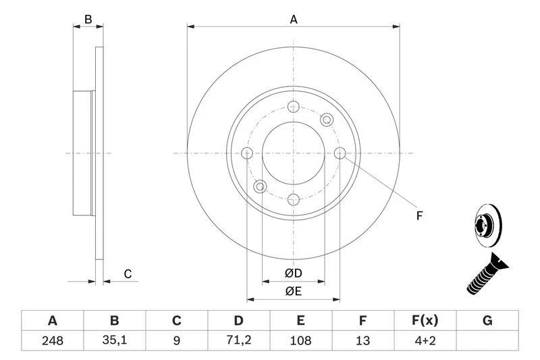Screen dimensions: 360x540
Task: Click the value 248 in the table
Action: tap(53, 341)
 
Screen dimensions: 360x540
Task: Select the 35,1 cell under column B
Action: tap(115, 341)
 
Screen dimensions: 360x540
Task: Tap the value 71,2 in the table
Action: tap(239, 341)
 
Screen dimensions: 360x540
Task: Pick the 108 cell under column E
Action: tap(301, 341)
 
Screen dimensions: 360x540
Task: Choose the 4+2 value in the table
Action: tap(425, 341)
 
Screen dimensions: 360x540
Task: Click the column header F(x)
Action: tap(425, 320)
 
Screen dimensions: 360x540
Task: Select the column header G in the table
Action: tap(487, 320)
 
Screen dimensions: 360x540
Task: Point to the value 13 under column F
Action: tap(363, 341)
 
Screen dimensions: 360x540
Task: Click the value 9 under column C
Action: tap(177, 341)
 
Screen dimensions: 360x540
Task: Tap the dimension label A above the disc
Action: tap(294, 20)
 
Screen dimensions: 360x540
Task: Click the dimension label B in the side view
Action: tap(88, 20)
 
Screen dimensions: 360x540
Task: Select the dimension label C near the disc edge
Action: tap(126, 274)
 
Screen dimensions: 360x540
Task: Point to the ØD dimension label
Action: tap(293, 274)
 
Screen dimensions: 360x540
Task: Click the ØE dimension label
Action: tap(293, 291)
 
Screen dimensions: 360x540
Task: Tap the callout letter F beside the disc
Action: tap(418, 216)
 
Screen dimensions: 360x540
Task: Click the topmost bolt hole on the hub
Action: tap(294, 107)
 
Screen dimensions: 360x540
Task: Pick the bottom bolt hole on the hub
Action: tap(294, 199)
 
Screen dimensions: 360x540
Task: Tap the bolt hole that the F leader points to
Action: tap(340, 153)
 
